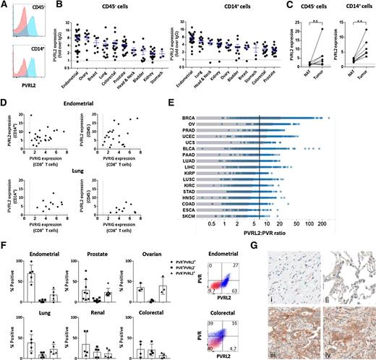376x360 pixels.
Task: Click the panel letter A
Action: [x=4, y=4]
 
